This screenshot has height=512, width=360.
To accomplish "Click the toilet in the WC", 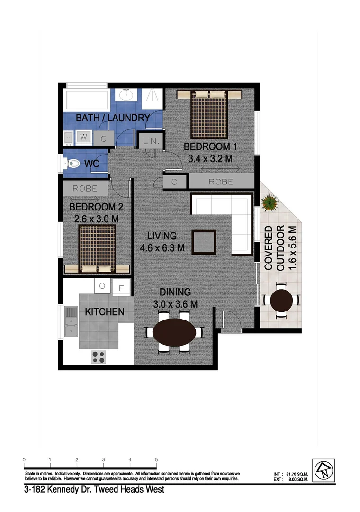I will [x=72, y=164].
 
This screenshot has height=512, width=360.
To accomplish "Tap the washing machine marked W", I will [x=84, y=137].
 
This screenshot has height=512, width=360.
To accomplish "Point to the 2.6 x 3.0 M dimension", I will [x=96, y=219].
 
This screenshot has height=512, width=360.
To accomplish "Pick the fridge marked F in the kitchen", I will [x=121, y=287].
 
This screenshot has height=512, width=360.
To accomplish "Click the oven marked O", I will [x=102, y=286].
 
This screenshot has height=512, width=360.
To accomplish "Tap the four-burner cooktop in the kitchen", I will [x=99, y=356].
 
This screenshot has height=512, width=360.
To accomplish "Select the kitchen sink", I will [x=71, y=320].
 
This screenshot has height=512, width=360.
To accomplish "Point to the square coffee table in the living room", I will [x=204, y=242].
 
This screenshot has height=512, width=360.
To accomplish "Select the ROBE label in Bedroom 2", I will [x=85, y=188].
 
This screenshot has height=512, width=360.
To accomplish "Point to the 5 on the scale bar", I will [x=156, y=460].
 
